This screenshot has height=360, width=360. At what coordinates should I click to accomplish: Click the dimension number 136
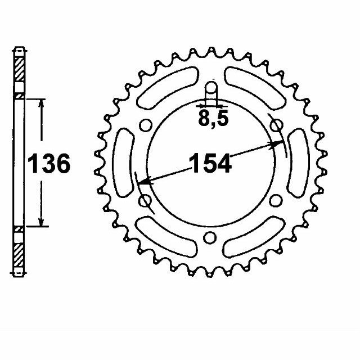[x=49, y=164]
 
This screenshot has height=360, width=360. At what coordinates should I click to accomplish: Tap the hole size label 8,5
[x=212, y=119]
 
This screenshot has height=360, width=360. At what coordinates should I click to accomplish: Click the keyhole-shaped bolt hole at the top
[x=211, y=93]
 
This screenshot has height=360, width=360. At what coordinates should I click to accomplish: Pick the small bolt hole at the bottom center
[x=210, y=237]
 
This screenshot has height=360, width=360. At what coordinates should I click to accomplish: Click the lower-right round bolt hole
[x=276, y=201]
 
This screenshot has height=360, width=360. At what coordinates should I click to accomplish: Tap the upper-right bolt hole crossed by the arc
[x=276, y=127]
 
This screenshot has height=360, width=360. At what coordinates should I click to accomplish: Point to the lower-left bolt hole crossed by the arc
[x=145, y=200]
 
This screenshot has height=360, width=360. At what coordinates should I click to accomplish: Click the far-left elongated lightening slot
[x=123, y=163]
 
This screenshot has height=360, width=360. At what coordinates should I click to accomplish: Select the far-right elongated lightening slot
[x=298, y=163]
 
